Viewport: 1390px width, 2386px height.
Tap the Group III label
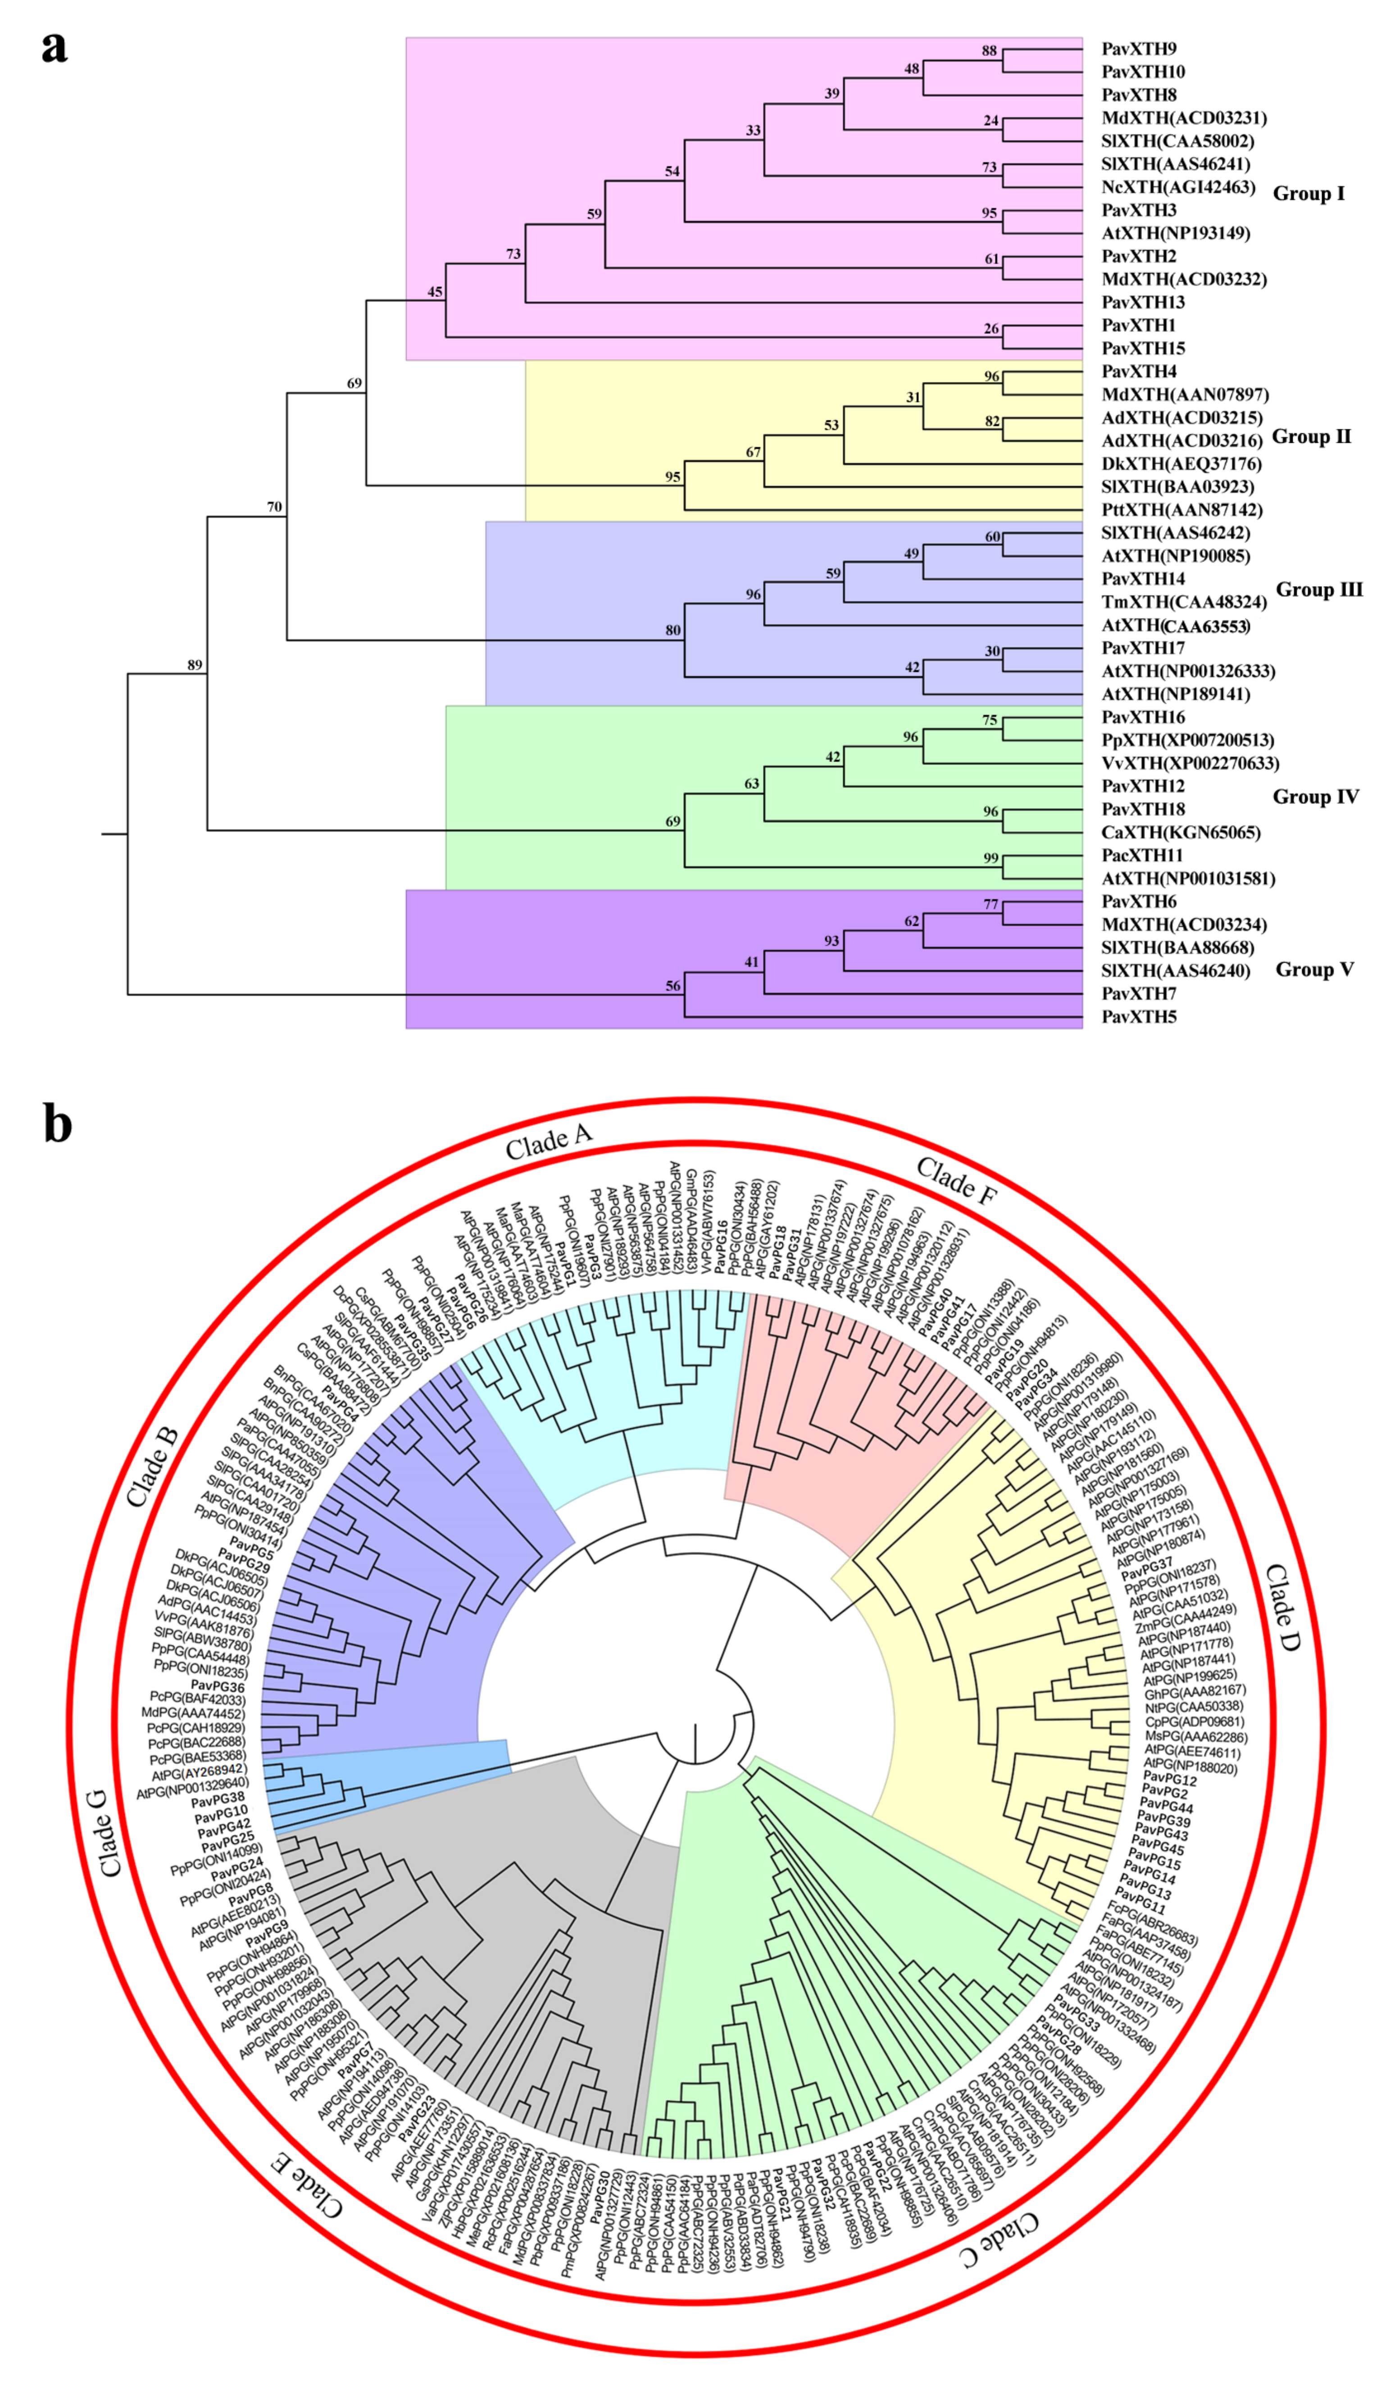pos(1319,590)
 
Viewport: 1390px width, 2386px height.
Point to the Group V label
pos(1314,970)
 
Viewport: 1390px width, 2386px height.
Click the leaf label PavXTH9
pos(1138,49)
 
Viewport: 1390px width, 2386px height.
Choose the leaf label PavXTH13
pos(1143,302)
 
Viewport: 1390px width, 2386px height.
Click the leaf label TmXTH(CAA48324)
pos(1184,602)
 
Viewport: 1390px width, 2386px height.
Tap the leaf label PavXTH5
pos(1138,1017)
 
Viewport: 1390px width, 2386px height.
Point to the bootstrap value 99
pos(990,858)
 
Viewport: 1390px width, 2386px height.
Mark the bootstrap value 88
pos(990,51)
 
